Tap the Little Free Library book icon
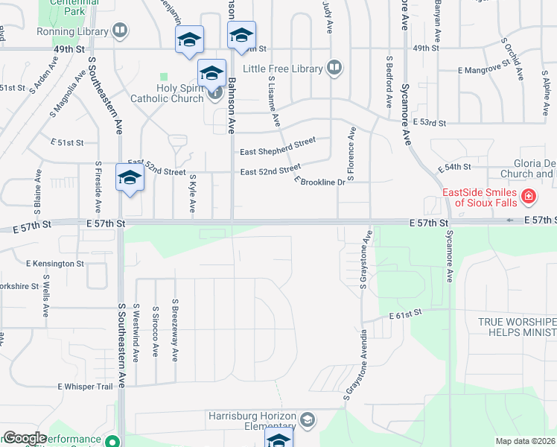[334, 69]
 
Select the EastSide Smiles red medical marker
[528, 197]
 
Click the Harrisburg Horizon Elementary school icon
[307, 421]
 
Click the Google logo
[25, 438]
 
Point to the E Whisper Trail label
[85, 387]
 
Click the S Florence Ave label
[351, 153]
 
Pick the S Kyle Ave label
[192, 194]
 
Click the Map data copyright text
[526, 441]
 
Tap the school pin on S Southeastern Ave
[130, 180]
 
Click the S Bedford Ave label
[389, 80]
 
